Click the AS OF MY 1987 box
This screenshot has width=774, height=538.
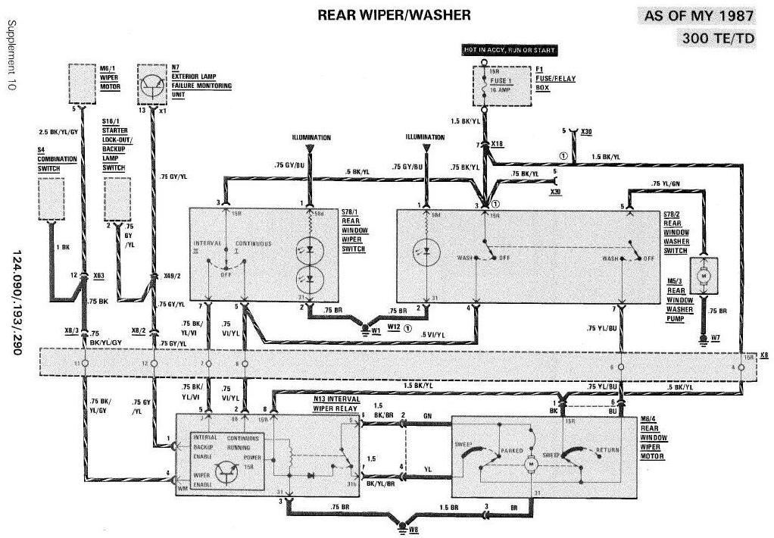[x=699, y=16]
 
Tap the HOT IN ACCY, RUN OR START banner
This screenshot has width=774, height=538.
[x=510, y=50]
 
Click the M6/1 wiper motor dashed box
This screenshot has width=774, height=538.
[x=84, y=83]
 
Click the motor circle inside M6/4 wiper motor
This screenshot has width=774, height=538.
[x=532, y=461]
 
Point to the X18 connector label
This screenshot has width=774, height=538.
[x=497, y=143]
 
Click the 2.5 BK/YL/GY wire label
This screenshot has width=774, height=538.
[x=58, y=130]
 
